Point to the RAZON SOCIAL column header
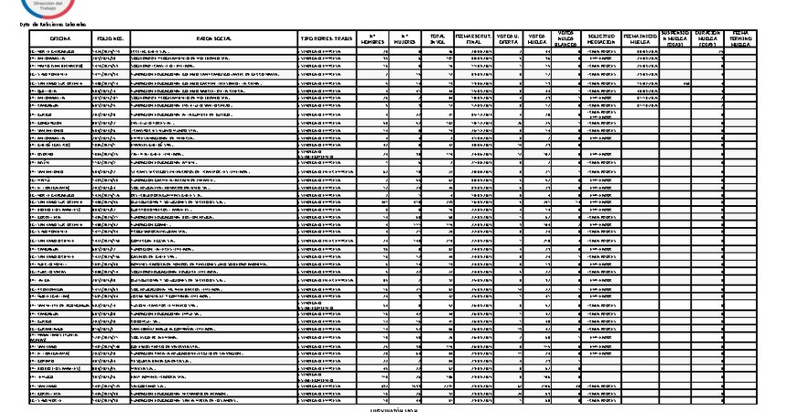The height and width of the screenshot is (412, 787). pos(211,39)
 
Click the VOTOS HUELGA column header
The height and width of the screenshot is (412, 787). pos(539,38)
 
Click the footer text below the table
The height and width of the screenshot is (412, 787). pos(394,408)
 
